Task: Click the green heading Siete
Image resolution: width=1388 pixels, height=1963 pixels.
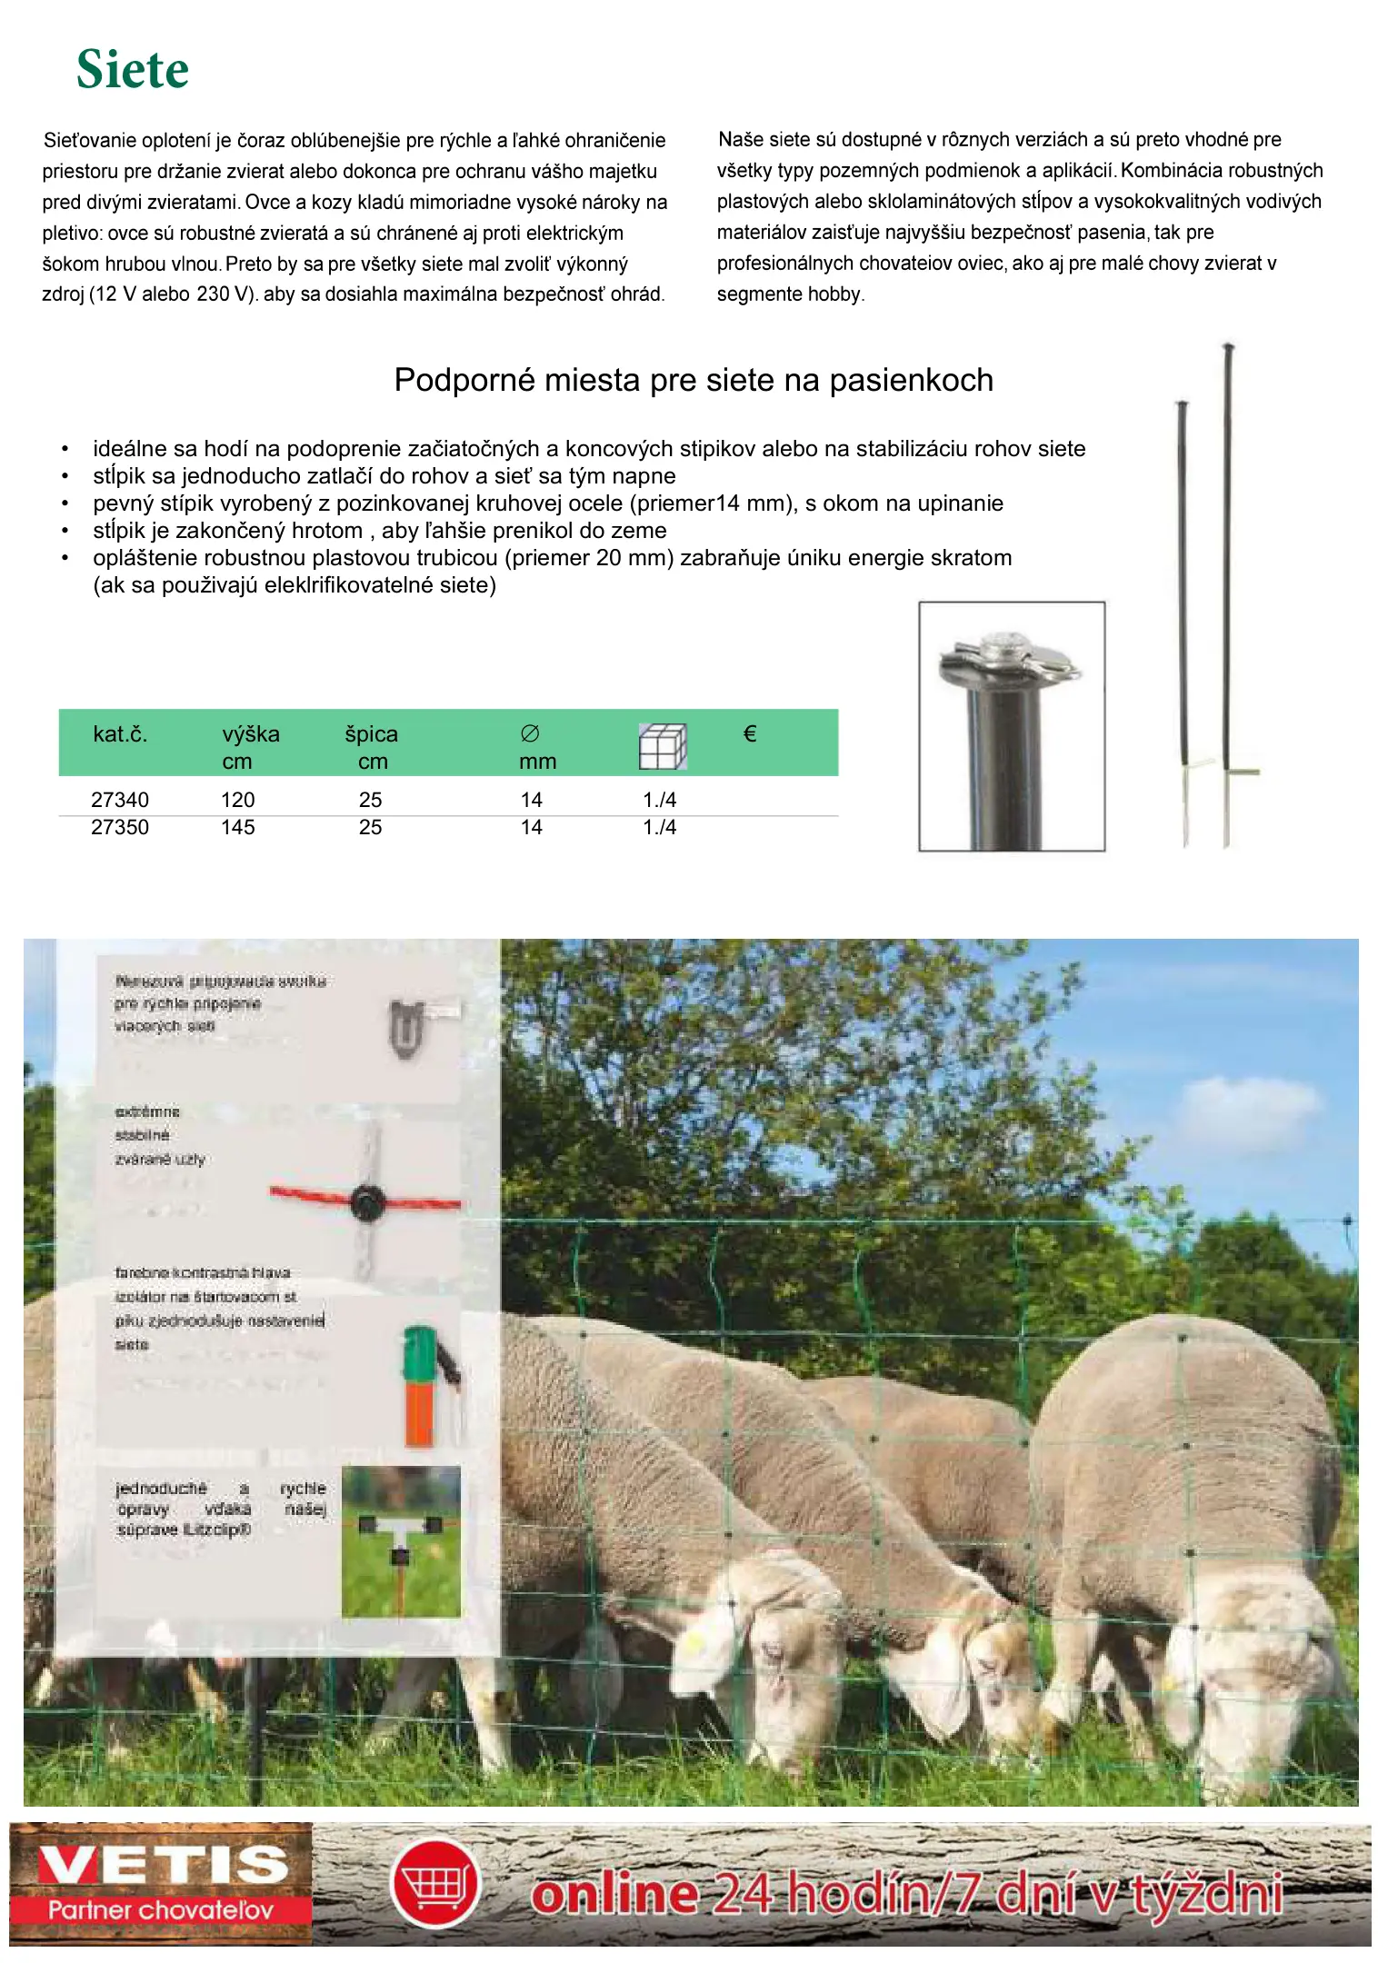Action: point(133,70)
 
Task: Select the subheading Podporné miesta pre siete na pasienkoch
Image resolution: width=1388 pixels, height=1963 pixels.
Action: point(693,380)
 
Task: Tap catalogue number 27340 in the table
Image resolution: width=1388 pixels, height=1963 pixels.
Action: point(120,800)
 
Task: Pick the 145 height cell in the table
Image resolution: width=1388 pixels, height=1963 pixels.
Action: point(238,827)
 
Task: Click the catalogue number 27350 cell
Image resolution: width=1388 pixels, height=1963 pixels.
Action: point(120,827)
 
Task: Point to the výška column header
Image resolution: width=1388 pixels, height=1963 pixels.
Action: point(251,734)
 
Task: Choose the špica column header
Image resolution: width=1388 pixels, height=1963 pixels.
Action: point(371,734)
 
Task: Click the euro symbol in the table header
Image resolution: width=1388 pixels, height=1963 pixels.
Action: point(750,733)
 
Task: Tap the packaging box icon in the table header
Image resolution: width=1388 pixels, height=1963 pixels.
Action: point(663,746)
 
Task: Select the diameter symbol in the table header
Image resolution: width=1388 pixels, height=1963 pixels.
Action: point(530,733)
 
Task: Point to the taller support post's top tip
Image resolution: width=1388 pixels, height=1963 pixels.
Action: point(1228,347)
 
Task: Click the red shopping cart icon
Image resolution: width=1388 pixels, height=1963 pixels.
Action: point(436,1882)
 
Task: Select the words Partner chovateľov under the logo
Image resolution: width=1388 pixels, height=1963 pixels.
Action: point(160,1910)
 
